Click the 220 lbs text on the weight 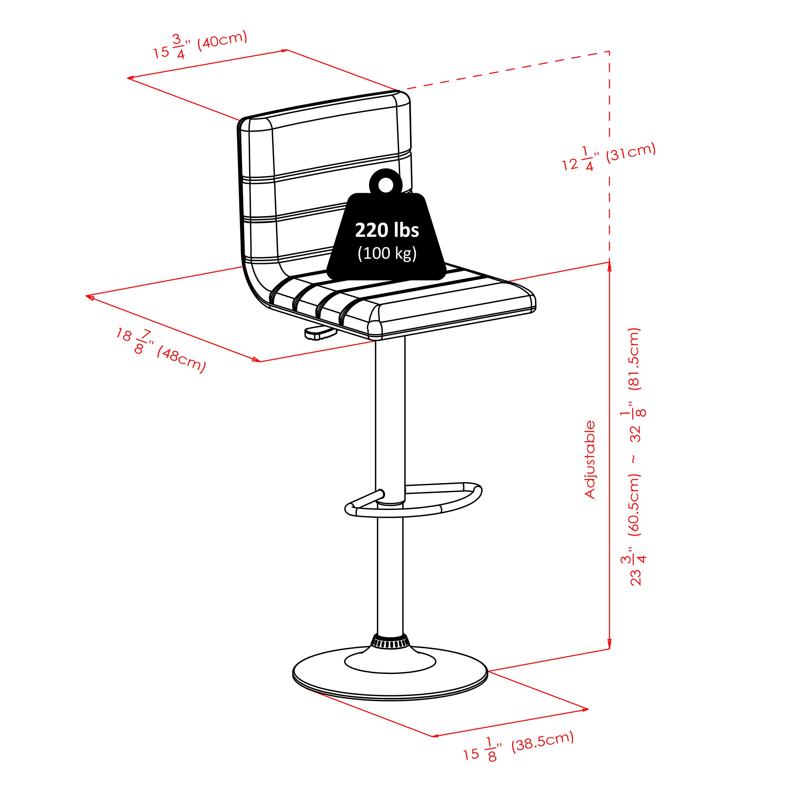387,230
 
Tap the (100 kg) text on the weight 387,253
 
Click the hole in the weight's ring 386,185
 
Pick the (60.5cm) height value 634,505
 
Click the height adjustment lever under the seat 321,333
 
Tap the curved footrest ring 413,500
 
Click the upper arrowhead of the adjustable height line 609,267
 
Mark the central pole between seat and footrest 390,419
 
